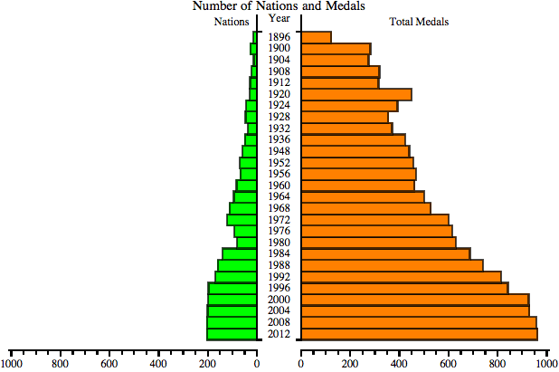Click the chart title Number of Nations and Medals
click(279, 6)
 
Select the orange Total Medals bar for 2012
click(419, 334)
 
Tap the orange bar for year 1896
click(316, 37)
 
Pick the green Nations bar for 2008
click(232, 322)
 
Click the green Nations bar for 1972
click(242, 219)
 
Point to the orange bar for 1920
click(355, 94)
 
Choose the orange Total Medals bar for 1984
click(385, 253)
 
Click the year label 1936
click(279, 139)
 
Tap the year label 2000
click(279, 300)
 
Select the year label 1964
click(279, 196)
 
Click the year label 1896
click(279, 37)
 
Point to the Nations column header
click(231, 21)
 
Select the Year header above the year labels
click(279, 18)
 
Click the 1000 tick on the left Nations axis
click(11, 364)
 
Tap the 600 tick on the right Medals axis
click(449, 364)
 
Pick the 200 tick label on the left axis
click(208, 364)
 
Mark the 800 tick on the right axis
click(497, 364)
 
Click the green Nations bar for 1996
click(232, 288)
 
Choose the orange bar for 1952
click(356, 163)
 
